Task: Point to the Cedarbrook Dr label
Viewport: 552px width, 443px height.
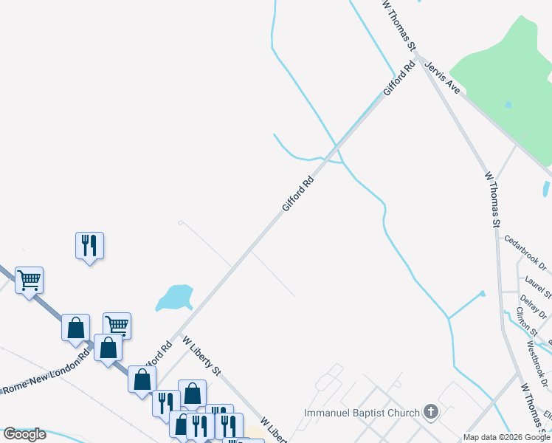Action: coord(525,252)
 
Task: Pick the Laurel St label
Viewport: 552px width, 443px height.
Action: coord(538,287)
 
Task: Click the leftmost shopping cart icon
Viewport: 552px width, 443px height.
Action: coord(29,280)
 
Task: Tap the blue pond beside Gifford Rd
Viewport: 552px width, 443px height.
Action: coord(174,297)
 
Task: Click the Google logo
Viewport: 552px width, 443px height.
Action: coord(24,434)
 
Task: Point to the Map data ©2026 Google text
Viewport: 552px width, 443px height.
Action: coord(506,437)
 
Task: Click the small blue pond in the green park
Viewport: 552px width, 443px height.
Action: coord(508,105)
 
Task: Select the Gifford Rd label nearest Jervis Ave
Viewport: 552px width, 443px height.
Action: coord(399,78)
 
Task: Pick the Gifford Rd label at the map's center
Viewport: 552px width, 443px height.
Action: coord(298,194)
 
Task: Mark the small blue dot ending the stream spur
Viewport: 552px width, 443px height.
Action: coord(483,293)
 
